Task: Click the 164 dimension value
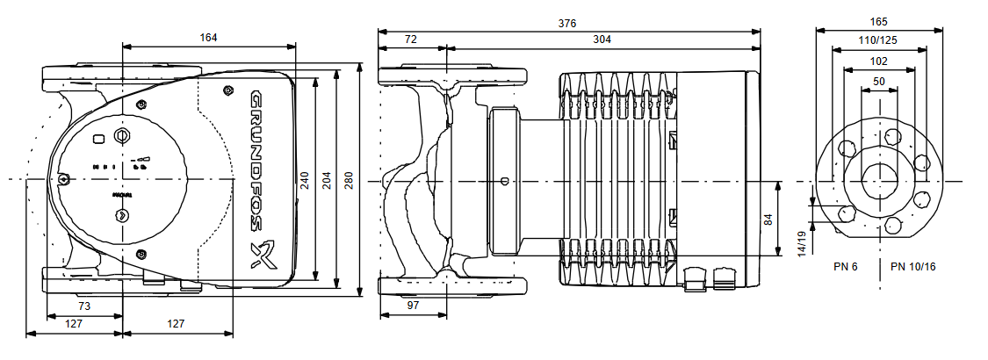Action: point(208,38)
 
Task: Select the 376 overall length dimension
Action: point(568,24)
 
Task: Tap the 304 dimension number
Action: point(602,40)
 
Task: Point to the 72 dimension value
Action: point(411,40)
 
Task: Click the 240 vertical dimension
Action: point(305,180)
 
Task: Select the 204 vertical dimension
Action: point(328,180)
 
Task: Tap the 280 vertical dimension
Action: point(349,180)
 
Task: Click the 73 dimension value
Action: point(84,306)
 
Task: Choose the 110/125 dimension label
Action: point(878,40)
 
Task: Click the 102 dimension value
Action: point(878,61)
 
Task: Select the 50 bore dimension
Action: point(879,82)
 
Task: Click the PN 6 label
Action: point(845,266)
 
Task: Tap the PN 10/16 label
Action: point(912,266)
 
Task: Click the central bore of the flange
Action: point(879,181)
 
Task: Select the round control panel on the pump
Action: point(122,180)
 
